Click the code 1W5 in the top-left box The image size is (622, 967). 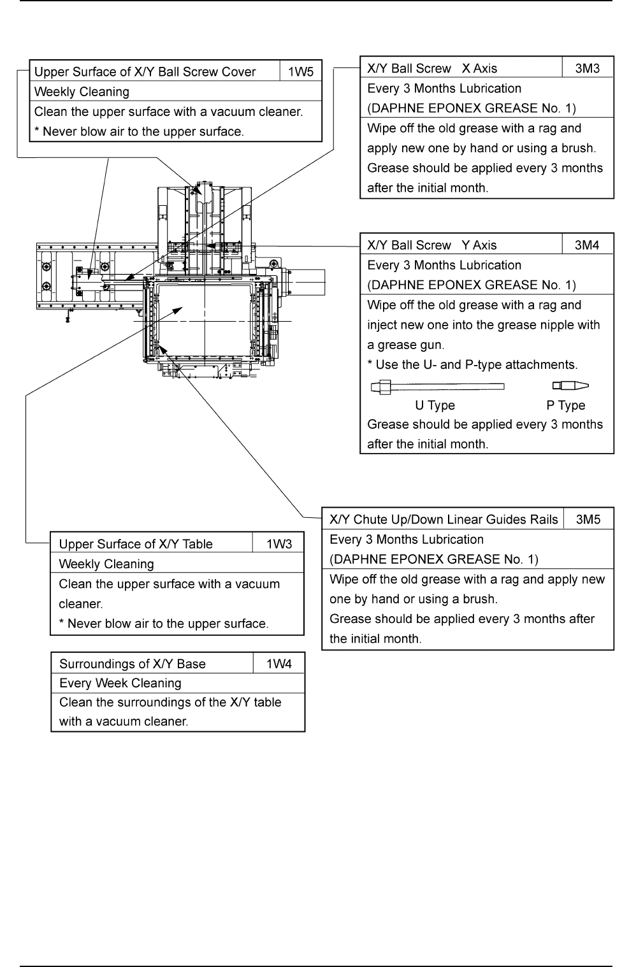click(x=301, y=72)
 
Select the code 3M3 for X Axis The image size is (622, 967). click(x=587, y=68)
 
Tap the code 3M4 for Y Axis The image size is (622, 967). click(x=587, y=245)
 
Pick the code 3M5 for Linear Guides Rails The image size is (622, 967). click(x=588, y=519)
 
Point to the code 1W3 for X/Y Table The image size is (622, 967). click(x=279, y=544)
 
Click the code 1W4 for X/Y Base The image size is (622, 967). click(x=279, y=664)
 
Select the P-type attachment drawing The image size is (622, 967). click(x=570, y=385)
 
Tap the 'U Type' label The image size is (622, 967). click(x=435, y=405)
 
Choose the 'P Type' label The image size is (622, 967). click(x=565, y=405)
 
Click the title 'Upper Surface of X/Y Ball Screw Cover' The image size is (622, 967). click(x=145, y=72)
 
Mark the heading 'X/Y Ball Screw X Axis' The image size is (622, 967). click(x=432, y=68)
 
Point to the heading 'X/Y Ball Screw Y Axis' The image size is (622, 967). click(x=432, y=245)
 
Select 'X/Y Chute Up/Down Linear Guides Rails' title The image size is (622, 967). click(x=444, y=519)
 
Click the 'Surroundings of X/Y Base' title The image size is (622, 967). click(x=133, y=664)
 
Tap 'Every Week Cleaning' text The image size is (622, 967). click(x=120, y=683)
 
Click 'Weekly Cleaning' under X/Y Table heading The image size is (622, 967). click(x=106, y=564)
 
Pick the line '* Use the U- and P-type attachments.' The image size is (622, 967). click(x=472, y=365)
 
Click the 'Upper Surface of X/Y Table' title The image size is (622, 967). click(x=136, y=544)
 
